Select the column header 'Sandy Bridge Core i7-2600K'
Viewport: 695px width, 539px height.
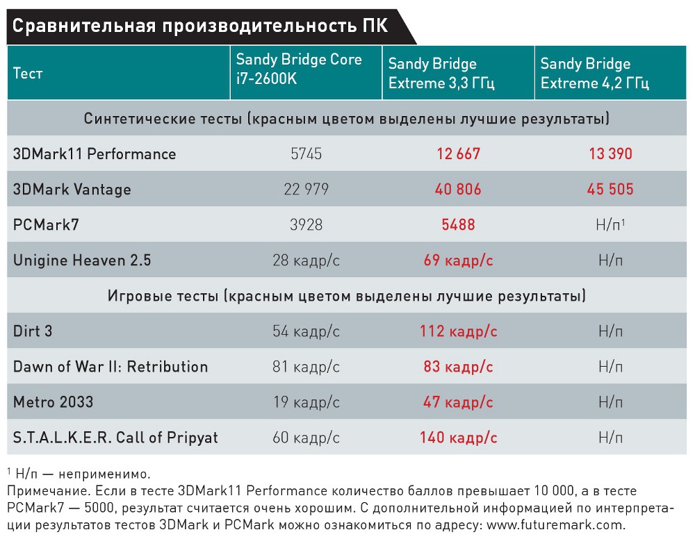(x=299, y=69)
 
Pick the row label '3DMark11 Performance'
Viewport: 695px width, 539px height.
(x=95, y=154)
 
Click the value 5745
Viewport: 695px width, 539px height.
(x=306, y=154)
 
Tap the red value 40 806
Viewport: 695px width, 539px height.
(x=459, y=189)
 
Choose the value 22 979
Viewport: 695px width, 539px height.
(x=306, y=189)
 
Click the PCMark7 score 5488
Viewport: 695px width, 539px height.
(x=459, y=225)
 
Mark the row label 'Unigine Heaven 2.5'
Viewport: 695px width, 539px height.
(x=82, y=260)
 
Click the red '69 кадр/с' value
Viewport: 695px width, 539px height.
(x=459, y=260)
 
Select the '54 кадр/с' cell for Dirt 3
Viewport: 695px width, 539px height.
(x=306, y=331)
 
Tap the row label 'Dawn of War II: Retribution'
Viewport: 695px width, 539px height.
(x=111, y=367)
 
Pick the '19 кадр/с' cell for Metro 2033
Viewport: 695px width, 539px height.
(x=306, y=402)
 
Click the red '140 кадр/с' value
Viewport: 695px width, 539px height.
(x=459, y=438)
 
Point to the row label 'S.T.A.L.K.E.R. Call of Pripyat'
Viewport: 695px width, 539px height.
(x=115, y=438)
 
